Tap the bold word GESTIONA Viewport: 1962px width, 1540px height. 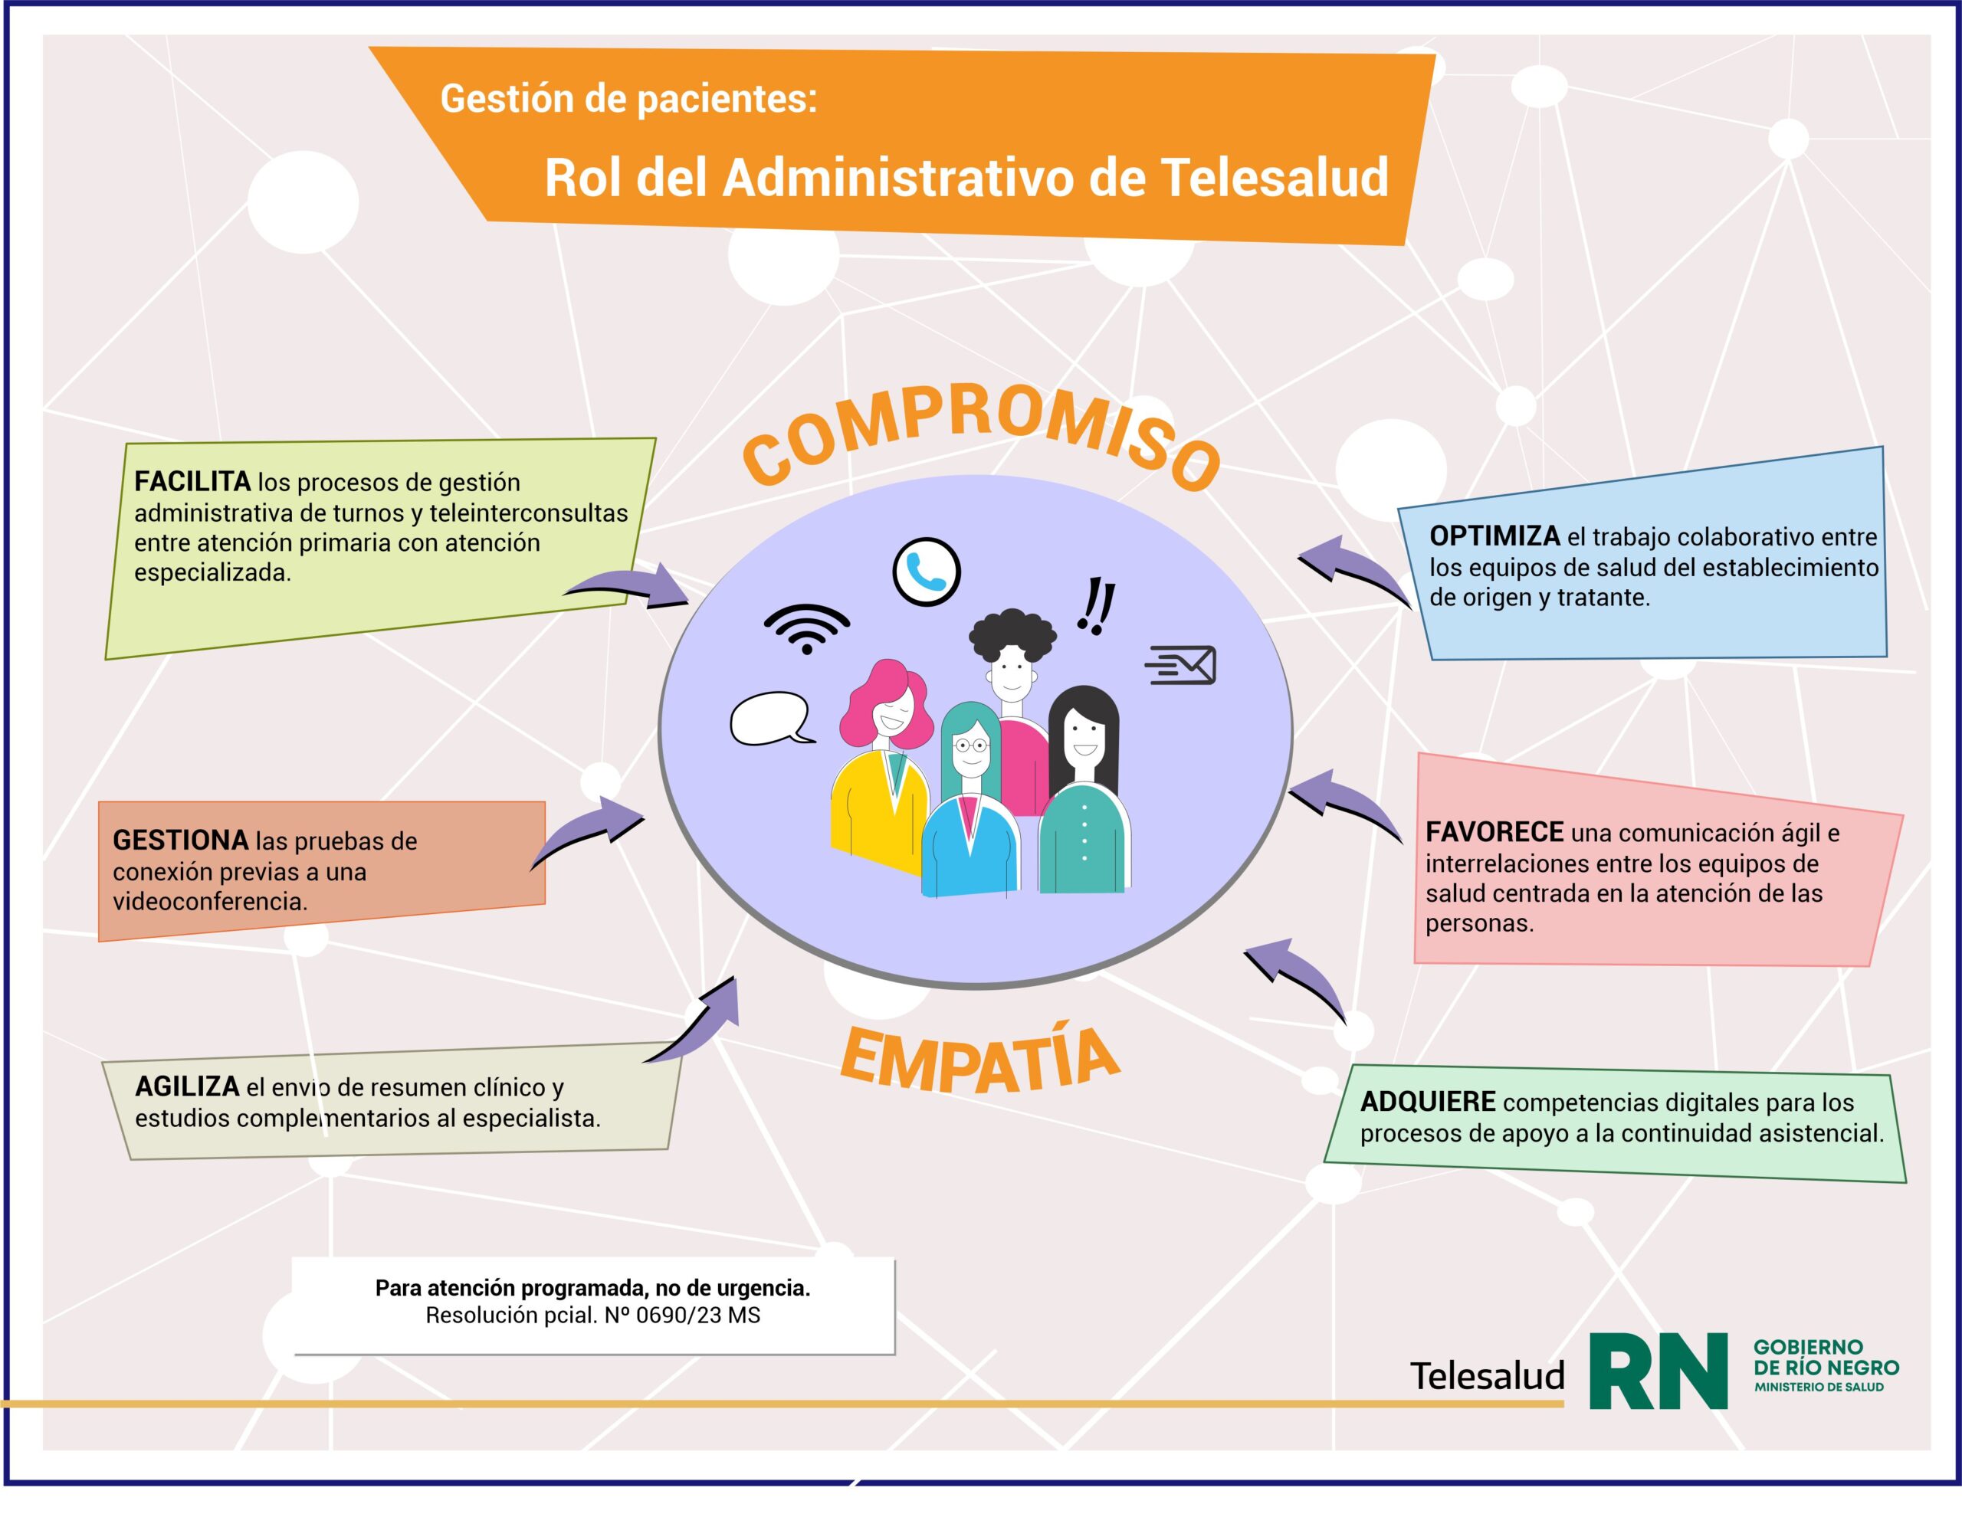[x=180, y=840]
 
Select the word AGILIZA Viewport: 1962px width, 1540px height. [x=188, y=1086]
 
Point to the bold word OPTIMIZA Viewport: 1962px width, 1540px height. [x=1494, y=536]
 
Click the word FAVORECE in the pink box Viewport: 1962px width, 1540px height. [x=1494, y=831]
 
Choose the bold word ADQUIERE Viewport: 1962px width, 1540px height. [x=1427, y=1101]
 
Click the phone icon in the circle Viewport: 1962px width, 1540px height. [x=926, y=572]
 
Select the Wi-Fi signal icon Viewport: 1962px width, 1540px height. [x=806, y=628]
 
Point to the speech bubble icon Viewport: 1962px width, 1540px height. [x=772, y=719]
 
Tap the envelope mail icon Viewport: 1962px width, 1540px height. [x=1181, y=665]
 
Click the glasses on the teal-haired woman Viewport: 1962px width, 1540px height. [x=971, y=745]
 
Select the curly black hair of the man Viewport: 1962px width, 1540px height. [x=1012, y=636]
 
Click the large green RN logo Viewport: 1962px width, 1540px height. [x=1659, y=1371]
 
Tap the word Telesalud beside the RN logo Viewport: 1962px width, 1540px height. [x=1487, y=1376]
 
